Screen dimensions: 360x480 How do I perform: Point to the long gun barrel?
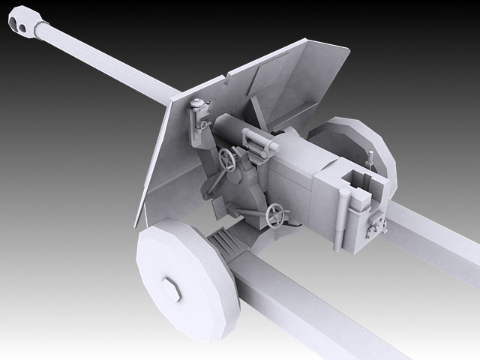[x=105, y=59]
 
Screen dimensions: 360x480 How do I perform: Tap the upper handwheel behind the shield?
[x=227, y=159]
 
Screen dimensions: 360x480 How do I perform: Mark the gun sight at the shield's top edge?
[x=199, y=112]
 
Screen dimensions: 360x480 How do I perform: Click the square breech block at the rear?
[x=352, y=202]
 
